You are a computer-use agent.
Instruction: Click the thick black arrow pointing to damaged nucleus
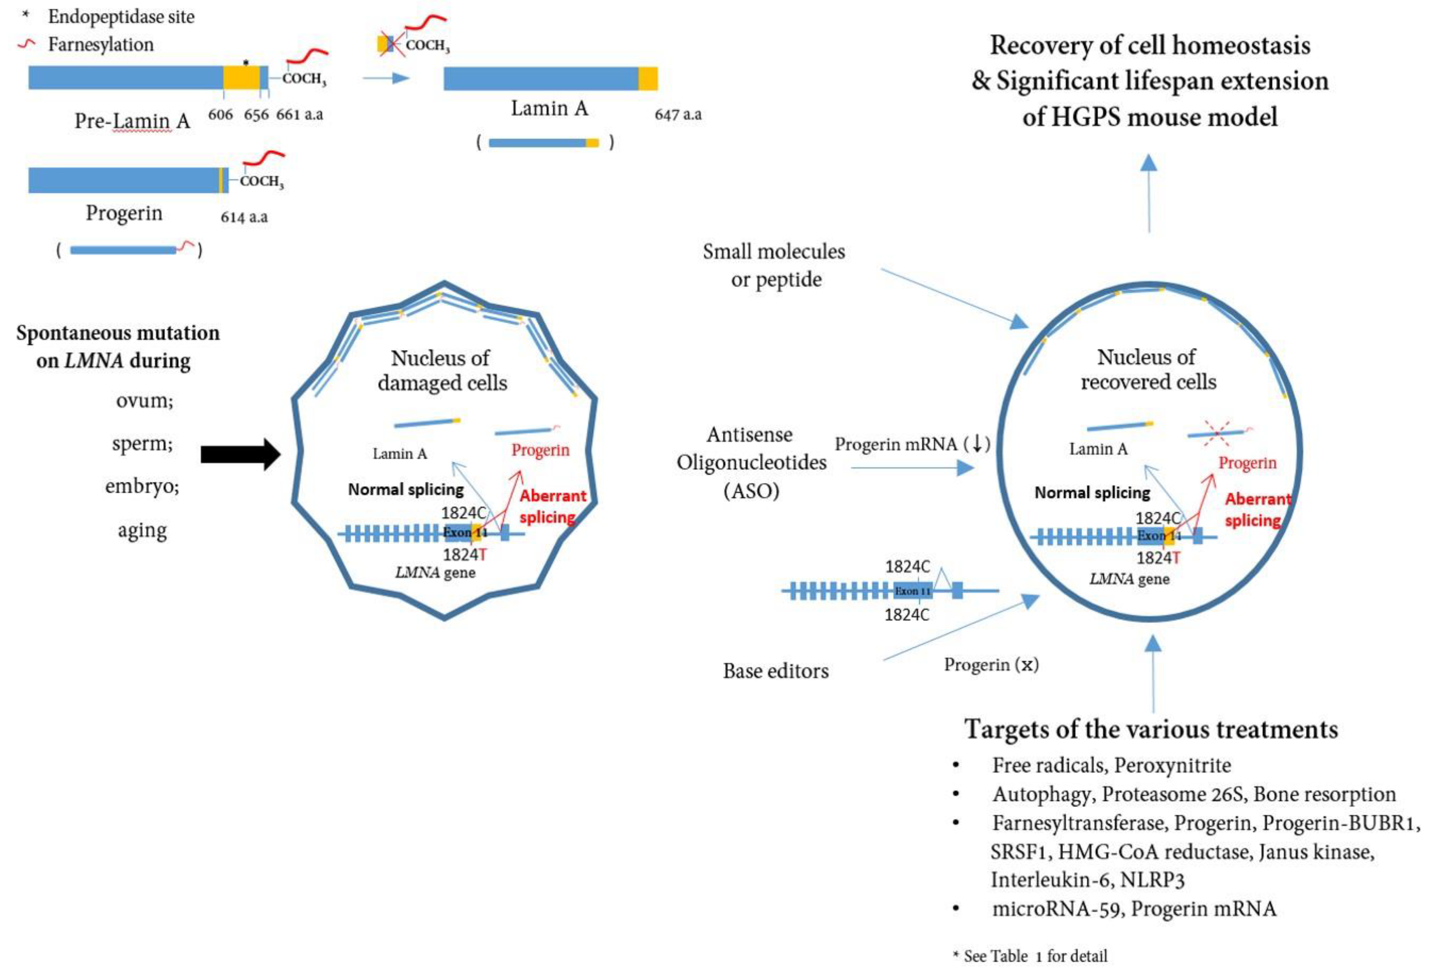tap(240, 454)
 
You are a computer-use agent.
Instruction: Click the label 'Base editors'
tap(775, 671)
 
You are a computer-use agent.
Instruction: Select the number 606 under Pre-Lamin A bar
tap(220, 115)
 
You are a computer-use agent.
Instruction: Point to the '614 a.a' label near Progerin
tap(244, 217)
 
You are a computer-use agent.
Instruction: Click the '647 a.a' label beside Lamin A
tap(678, 115)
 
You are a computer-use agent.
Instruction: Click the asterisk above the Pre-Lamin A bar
tap(246, 62)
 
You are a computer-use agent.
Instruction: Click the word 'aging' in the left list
tap(142, 530)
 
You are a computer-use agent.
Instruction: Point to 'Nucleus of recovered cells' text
tap(1147, 370)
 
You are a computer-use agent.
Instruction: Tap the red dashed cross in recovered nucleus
tap(1217, 433)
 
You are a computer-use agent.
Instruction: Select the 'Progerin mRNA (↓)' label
tap(912, 444)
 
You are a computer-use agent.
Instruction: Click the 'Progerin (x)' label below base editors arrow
tap(991, 665)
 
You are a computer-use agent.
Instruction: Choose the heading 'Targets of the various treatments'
tap(1150, 729)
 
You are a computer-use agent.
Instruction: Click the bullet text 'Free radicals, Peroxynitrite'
tap(1111, 765)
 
